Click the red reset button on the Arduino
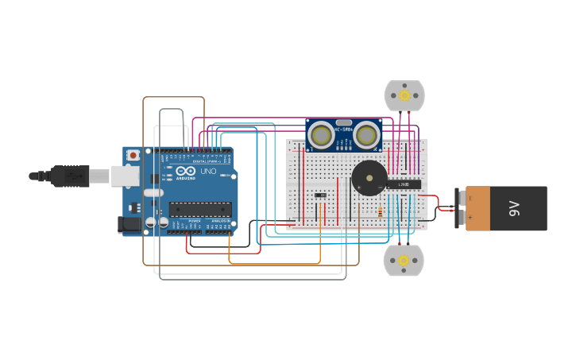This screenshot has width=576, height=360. (x=133, y=154)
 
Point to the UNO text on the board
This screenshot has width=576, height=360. (x=208, y=172)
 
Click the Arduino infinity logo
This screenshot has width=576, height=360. (x=186, y=172)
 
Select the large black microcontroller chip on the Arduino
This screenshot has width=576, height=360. (x=200, y=209)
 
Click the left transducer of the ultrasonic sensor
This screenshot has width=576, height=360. (x=321, y=135)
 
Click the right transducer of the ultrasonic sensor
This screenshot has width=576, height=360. (x=366, y=135)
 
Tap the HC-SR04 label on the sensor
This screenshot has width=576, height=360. (x=343, y=130)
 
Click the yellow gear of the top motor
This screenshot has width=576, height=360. (x=404, y=95)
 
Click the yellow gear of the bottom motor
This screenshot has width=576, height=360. (x=404, y=260)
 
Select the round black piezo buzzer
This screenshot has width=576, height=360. (x=369, y=178)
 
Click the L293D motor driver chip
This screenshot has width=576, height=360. (x=404, y=185)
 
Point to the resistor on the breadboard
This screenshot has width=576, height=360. (x=381, y=212)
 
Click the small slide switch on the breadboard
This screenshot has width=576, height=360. (x=320, y=195)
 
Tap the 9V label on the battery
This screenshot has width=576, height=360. (x=514, y=209)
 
